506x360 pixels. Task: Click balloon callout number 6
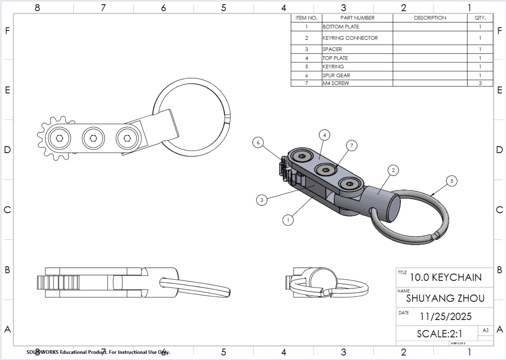coord(258,142)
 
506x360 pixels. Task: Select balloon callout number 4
coord(324,135)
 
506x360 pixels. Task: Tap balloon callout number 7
coord(351,146)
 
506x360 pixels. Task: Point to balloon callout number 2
coord(393,170)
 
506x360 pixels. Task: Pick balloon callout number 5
coord(451,181)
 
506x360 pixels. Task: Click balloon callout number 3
coord(261,200)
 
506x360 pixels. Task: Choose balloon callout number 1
coord(288,220)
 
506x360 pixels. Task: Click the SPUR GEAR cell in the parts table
coord(336,75)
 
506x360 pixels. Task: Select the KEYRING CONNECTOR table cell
coord(350,38)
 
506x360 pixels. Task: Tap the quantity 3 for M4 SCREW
coord(480,83)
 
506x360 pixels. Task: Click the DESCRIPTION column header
coord(430,18)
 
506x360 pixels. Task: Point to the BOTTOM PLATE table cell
coord(341,27)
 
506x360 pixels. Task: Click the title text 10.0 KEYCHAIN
coord(446,277)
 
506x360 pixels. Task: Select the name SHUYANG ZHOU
coord(445,298)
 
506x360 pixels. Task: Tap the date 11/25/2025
coord(446,317)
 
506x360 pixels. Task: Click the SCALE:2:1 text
coord(440,334)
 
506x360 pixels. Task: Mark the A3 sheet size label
coord(485,330)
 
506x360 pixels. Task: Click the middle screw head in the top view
coord(93,138)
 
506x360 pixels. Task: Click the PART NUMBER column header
coord(357,18)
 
